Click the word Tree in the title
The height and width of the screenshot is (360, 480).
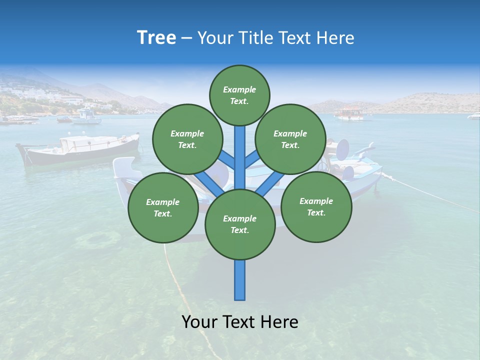tap(156, 38)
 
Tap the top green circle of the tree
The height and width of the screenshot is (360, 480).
tap(239, 95)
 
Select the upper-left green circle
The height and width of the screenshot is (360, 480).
tap(187, 139)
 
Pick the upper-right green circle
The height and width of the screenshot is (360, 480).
tap(290, 139)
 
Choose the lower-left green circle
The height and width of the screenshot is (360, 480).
tap(162, 207)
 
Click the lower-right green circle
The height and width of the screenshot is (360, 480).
tap(316, 206)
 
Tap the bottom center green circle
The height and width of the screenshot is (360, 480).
tap(239, 224)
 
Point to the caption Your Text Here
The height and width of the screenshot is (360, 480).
tap(239, 322)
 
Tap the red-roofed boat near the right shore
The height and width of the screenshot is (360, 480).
tap(350, 113)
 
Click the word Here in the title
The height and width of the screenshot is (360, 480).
tap(334, 38)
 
